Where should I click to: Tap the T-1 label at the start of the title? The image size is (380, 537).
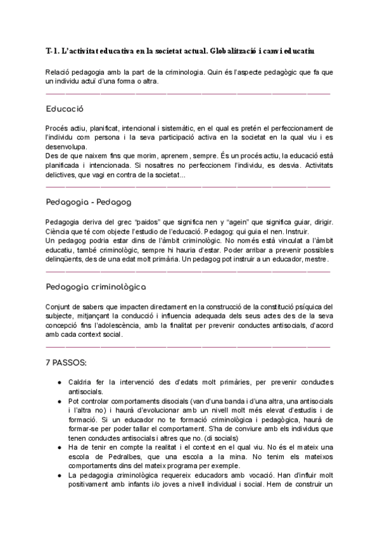click(x=53, y=49)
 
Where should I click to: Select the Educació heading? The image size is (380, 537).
click(x=65, y=108)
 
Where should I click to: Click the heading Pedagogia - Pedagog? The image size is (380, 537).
click(x=89, y=202)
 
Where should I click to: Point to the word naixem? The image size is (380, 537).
click(x=91, y=156)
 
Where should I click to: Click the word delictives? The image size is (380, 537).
click(x=61, y=175)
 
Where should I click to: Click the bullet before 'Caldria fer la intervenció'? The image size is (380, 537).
click(x=59, y=383)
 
